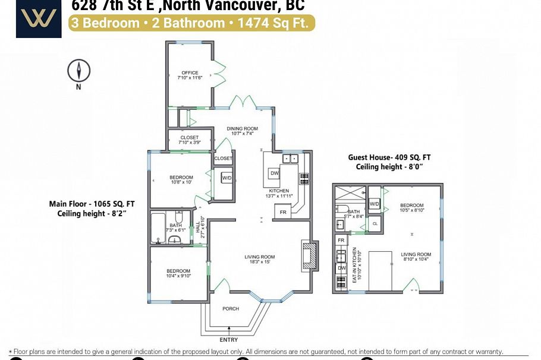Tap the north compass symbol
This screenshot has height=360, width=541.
(78, 71)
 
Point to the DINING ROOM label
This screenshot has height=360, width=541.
(243, 129)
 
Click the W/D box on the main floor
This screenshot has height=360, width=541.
(227, 178)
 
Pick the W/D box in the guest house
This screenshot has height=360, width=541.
(375, 204)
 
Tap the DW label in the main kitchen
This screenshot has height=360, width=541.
(274, 173)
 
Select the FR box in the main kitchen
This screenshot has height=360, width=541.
(283, 212)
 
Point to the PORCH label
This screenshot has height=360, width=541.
(231, 309)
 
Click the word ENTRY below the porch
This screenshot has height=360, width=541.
(229, 340)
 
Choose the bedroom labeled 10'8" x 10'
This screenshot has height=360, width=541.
(181, 179)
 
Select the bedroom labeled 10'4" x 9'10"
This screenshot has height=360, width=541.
(178, 273)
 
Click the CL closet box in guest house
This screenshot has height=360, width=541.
(374, 224)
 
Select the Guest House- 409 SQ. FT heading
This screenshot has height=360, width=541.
(389, 157)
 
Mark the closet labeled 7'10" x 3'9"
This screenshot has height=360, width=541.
(189, 140)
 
